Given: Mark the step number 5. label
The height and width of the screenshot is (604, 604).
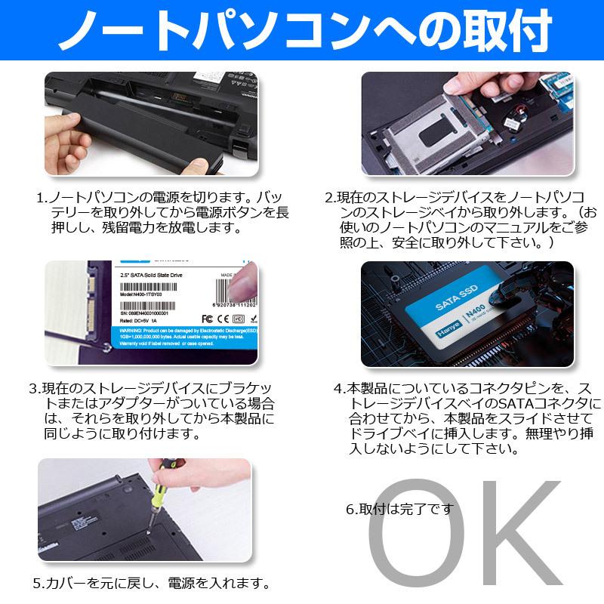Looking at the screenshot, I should point(39,584).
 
